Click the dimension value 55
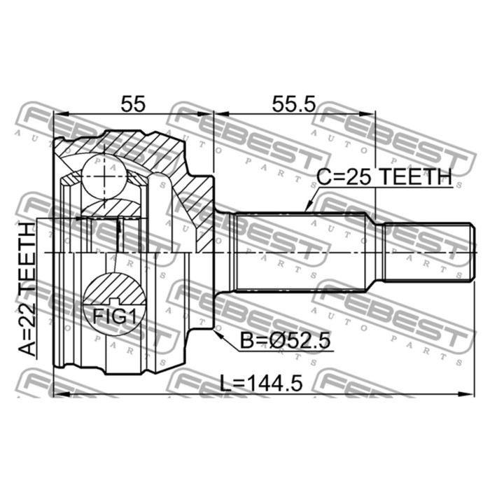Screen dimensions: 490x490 (134, 104)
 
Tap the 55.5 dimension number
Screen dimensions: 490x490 (294, 104)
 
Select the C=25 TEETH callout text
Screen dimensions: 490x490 (384, 176)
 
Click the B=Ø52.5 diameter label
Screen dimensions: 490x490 (285, 341)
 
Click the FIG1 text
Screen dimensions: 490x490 (115, 317)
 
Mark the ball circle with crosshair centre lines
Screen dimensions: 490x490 (104, 176)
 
